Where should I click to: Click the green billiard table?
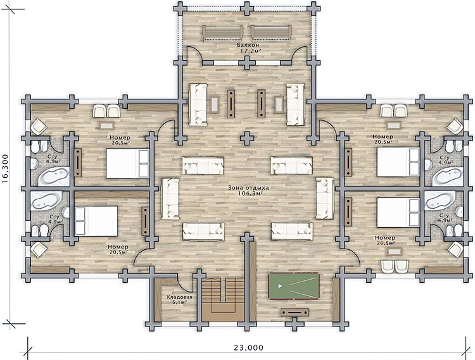pyautogui.click(x=294, y=286)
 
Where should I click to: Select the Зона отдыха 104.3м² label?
pyautogui.click(x=248, y=190)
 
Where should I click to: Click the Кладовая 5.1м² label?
pyautogui.click(x=179, y=299)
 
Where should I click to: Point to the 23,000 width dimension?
pyautogui.click(x=248, y=347)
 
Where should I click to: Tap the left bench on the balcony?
pyautogui.click(x=223, y=33)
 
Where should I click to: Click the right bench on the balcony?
pyautogui.click(x=271, y=33)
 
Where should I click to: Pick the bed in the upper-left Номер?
pyautogui.click(x=127, y=163)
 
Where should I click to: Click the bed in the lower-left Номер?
pyautogui.click(x=96, y=221)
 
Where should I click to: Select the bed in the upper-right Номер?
pyautogui.click(x=398, y=162)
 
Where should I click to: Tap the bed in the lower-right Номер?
pyautogui.click(x=398, y=213)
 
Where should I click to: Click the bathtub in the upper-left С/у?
pyautogui.click(x=54, y=176)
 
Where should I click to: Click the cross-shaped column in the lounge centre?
pyautogui.click(x=247, y=139)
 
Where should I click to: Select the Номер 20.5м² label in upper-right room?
pyautogui.click(x=383, y=139)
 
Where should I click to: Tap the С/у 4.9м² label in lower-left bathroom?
pyautogui.click(x=54, y=219)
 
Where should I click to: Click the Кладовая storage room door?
pyautogui.click(x=183, y=283)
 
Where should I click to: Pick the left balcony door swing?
pyautogui.click(x=194, y=54)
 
